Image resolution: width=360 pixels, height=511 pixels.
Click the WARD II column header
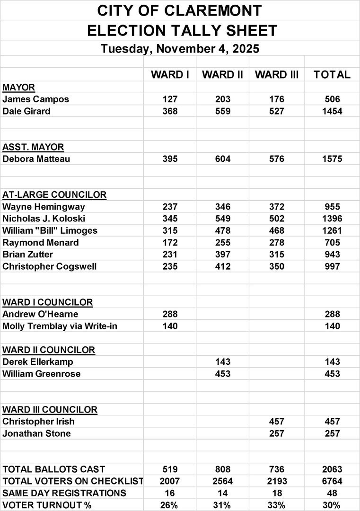pyautogui.click(x=223, y=75)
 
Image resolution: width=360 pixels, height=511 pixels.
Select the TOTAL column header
pyautogui.click(x=332, y=75)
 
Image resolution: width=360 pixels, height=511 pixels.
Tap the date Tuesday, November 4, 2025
pyautogui.click(x=180, y=49)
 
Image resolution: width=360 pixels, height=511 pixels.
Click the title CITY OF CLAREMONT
pyautogui.click(x=180, y=10)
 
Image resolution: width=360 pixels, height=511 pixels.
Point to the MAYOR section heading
pyautogui.click(x=18, y=87)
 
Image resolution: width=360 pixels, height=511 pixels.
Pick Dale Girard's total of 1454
pyautogui.click(x=332, y=112)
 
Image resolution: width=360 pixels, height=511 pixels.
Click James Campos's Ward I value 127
pyautogui.click(x=170, y=99)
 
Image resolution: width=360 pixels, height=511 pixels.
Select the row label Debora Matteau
pyautogui.click(x=36, y=159)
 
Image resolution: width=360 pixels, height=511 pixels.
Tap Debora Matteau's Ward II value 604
pyautogui.click(x=223, y=159)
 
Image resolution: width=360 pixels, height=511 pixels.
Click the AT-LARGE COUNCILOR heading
pyautogui.click(x=54, y=194)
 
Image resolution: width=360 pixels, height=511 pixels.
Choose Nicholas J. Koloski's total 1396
pyautogui.click(x=332, y=219)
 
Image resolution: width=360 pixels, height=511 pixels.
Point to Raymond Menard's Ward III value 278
pyautogui.click(x=277, y=243)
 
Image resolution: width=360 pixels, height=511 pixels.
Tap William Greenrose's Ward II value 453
pyautogui.click(x=223, y=374)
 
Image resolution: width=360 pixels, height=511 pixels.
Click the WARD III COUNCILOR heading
pyautogui.click(x=50, y=409)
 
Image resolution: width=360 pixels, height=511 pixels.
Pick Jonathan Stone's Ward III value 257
pyautogui.click(x=277, y=433)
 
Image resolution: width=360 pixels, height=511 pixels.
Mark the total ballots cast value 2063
pyautogui.click(x=332, y=469)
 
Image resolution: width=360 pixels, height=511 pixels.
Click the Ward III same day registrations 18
pyautogui.click(x=277, y=493)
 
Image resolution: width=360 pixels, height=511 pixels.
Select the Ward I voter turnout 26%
pyautogui.click(x=170, y=505)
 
